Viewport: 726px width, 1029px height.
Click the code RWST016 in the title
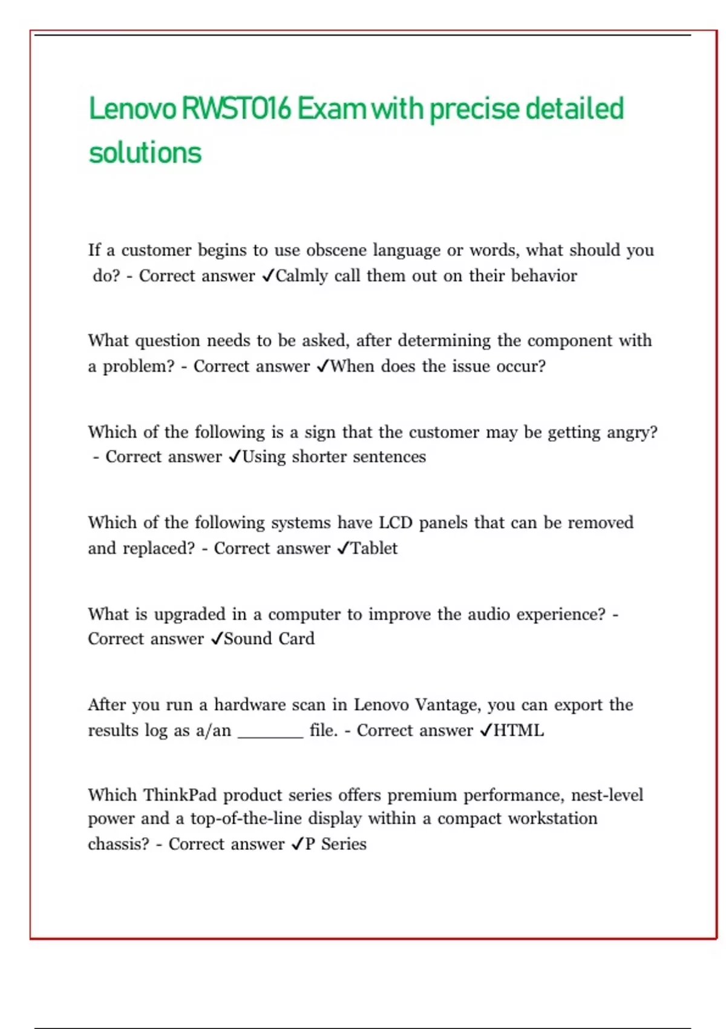click(x=237, y=110)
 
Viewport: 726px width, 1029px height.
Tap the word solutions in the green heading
click(x=145, y=153)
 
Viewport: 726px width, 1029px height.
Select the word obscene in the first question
click(x=336, y=250)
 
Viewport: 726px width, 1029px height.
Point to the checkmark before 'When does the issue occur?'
click(x=322, y=366)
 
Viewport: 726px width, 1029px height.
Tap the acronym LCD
click(x=395, y=522)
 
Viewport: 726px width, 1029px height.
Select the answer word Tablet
click(x=374, y=548)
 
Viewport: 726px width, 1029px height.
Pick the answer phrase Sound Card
click(x=269, y=639)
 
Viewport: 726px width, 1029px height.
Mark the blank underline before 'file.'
click(x=270, y=735)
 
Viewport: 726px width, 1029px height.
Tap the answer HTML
click(x=518, y=731)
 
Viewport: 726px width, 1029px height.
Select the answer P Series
click(x=336, y=844)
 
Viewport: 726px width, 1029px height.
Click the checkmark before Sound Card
click(x=217, y=639)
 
